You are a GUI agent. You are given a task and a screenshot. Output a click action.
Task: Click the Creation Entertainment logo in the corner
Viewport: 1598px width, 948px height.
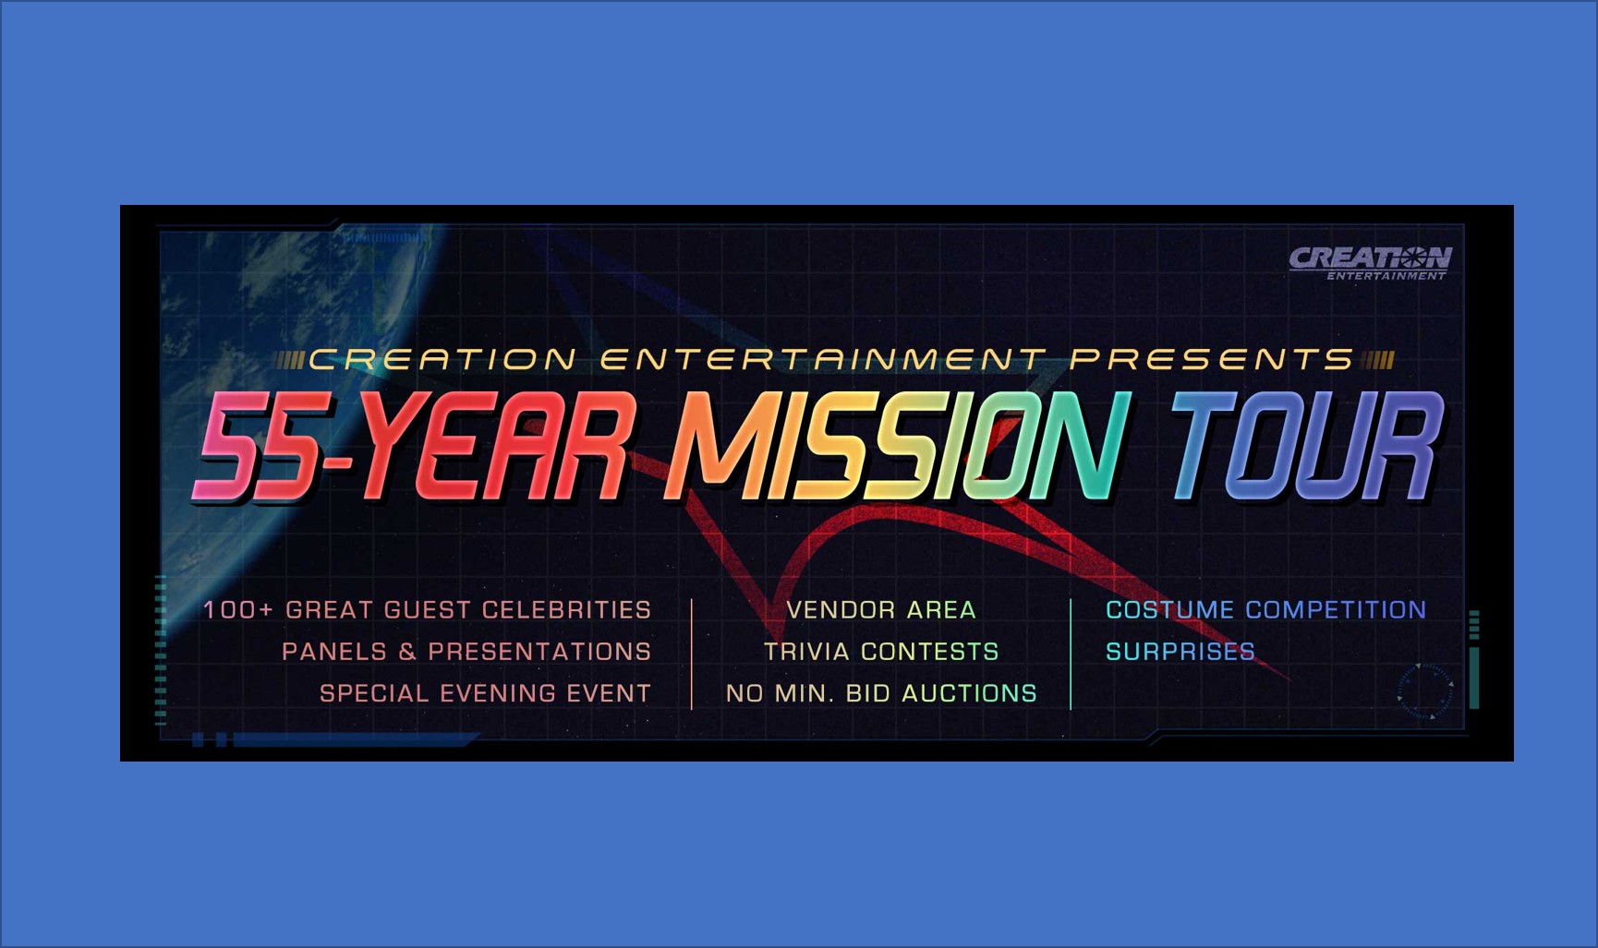pyautogui.click(x=1369, y=262)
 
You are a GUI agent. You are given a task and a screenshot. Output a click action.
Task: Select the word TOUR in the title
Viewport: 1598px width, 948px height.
pyautogui.click(x=1305, y=447)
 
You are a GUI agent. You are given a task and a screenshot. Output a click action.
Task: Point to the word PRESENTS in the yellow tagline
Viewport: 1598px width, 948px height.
pyautogui.click(x=1212, y=359)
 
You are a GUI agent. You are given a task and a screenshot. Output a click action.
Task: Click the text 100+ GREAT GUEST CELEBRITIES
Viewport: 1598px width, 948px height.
pyautogui.click(x=427, y=610)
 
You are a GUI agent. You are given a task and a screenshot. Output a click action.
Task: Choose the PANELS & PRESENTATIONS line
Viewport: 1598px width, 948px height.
pyautogui.click(x=466, y=652)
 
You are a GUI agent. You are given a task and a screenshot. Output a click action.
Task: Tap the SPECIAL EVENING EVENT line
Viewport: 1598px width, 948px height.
pyautogui.click(x=485, y=693)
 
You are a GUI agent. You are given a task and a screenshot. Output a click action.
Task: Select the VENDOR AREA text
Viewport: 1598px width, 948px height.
pyautogui.click(x=881, y=610)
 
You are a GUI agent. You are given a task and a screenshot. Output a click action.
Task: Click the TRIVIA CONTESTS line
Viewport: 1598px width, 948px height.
pyautogui.click(x=881, y=652)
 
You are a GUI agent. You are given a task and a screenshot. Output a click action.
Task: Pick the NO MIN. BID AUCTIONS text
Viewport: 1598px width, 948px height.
pyautogui.click(x=881, y=693)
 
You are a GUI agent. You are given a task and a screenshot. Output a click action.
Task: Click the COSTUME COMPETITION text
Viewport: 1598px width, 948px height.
pyautogui.click(x=1265, y=610)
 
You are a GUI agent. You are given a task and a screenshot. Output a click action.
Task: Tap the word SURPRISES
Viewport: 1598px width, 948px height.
pyautogui.click(x=1180, y=652)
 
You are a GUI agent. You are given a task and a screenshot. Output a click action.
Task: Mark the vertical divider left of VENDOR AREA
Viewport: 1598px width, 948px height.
pyautogui.click(x=691, y=654)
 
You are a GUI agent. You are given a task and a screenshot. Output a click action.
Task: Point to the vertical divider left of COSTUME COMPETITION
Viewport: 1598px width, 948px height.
pyautogui.click(x=1071, y=654)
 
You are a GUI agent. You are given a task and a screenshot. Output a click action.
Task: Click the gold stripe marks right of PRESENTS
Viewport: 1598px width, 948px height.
pyautogui.click(x=1377, y=360)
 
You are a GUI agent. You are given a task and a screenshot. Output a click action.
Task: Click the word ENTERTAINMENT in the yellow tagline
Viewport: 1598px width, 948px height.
pyautogui.click(x=823, y=359)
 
